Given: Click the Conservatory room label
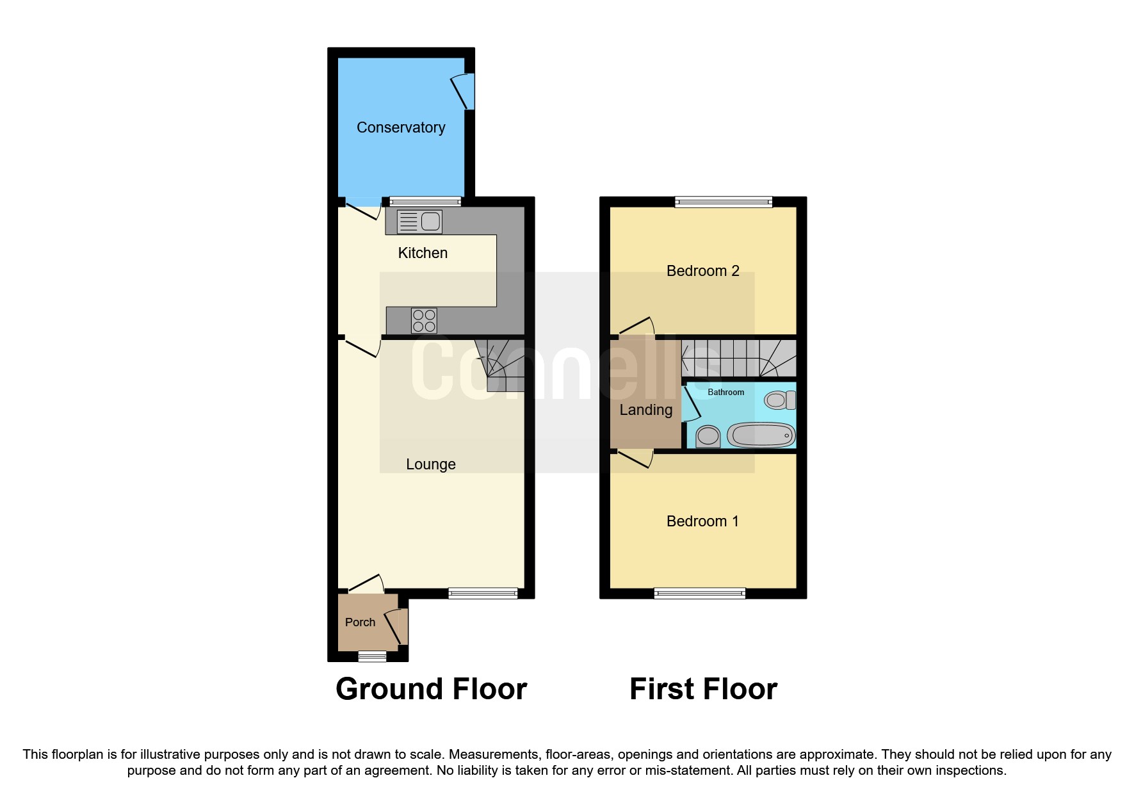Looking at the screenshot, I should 401,127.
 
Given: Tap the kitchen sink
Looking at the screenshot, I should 419,222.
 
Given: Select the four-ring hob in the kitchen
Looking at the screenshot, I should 424,320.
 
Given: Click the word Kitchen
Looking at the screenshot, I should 423,253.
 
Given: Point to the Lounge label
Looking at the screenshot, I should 431,464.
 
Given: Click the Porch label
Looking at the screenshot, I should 360,622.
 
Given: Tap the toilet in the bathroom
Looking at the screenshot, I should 779,400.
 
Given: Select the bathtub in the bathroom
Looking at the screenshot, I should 761,435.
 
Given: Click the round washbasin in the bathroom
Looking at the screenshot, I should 708,437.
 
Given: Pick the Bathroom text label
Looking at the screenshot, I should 725,392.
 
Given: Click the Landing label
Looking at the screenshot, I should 645,410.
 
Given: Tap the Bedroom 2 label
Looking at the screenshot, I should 702,271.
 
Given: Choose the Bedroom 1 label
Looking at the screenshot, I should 702,521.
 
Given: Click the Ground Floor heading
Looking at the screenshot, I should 431,689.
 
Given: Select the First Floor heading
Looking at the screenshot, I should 703,689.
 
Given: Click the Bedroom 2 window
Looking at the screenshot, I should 724,202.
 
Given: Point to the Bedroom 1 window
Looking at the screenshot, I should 700,594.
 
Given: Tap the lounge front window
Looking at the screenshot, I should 483,594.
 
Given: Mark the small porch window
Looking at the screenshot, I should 372,656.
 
